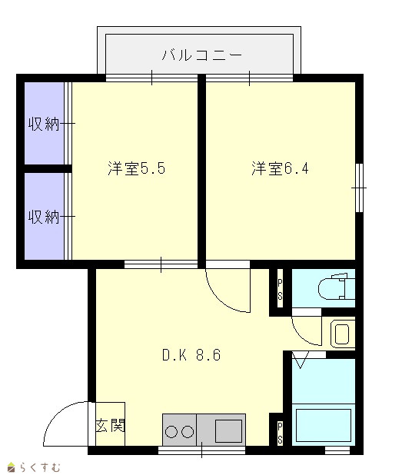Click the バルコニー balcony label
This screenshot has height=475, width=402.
(x=202, y=55)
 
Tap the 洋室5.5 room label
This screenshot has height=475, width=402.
(x=137, y=168)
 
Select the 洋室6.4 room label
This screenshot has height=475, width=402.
(x=280, y=168)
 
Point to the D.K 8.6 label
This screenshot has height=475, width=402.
(x=191, y=355)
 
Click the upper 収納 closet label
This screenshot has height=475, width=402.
(x=44, y=124)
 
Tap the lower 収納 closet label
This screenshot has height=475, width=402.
(x=44, y=217)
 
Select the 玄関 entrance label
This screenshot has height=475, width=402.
(x=110, y=426)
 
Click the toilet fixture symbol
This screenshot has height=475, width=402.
(x=336, y=286)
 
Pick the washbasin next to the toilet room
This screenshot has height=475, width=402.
(x=342, y=334)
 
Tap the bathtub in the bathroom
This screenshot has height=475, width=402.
(x=324, y=425)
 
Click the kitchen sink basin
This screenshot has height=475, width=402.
(x=228, y=430)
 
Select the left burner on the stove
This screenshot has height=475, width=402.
(x=171, y=432)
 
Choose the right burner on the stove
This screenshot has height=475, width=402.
(x=188, y=432)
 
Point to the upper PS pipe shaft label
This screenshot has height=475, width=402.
(x=280, y=290)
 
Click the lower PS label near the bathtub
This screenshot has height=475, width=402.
(x=280, y=433)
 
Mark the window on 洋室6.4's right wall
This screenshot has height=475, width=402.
(x=359, y=188)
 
